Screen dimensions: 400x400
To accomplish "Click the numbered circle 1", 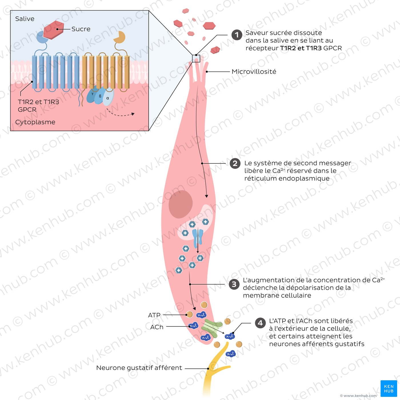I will [237, 35].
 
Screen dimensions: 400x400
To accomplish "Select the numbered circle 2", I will [235, 163].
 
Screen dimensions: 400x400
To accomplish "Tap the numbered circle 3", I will [234, 284].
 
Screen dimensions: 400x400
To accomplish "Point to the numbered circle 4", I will [260, 323].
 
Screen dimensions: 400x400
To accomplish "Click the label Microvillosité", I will [254, 72].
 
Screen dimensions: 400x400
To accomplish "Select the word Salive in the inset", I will [25, 19].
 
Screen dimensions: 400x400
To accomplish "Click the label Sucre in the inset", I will [81, 29].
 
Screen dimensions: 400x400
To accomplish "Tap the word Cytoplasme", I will [35, 122].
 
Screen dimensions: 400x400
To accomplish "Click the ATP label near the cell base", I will [154, 315].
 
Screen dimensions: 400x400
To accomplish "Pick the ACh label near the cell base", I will [157, 327].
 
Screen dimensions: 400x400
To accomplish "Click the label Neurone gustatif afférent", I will [139, 368].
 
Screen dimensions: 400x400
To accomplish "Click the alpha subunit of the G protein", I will [108, 97].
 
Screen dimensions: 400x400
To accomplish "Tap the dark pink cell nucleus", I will [180, 204].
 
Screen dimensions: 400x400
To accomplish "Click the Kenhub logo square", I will [389, 388].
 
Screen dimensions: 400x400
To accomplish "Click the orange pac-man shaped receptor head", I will [119, 37].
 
